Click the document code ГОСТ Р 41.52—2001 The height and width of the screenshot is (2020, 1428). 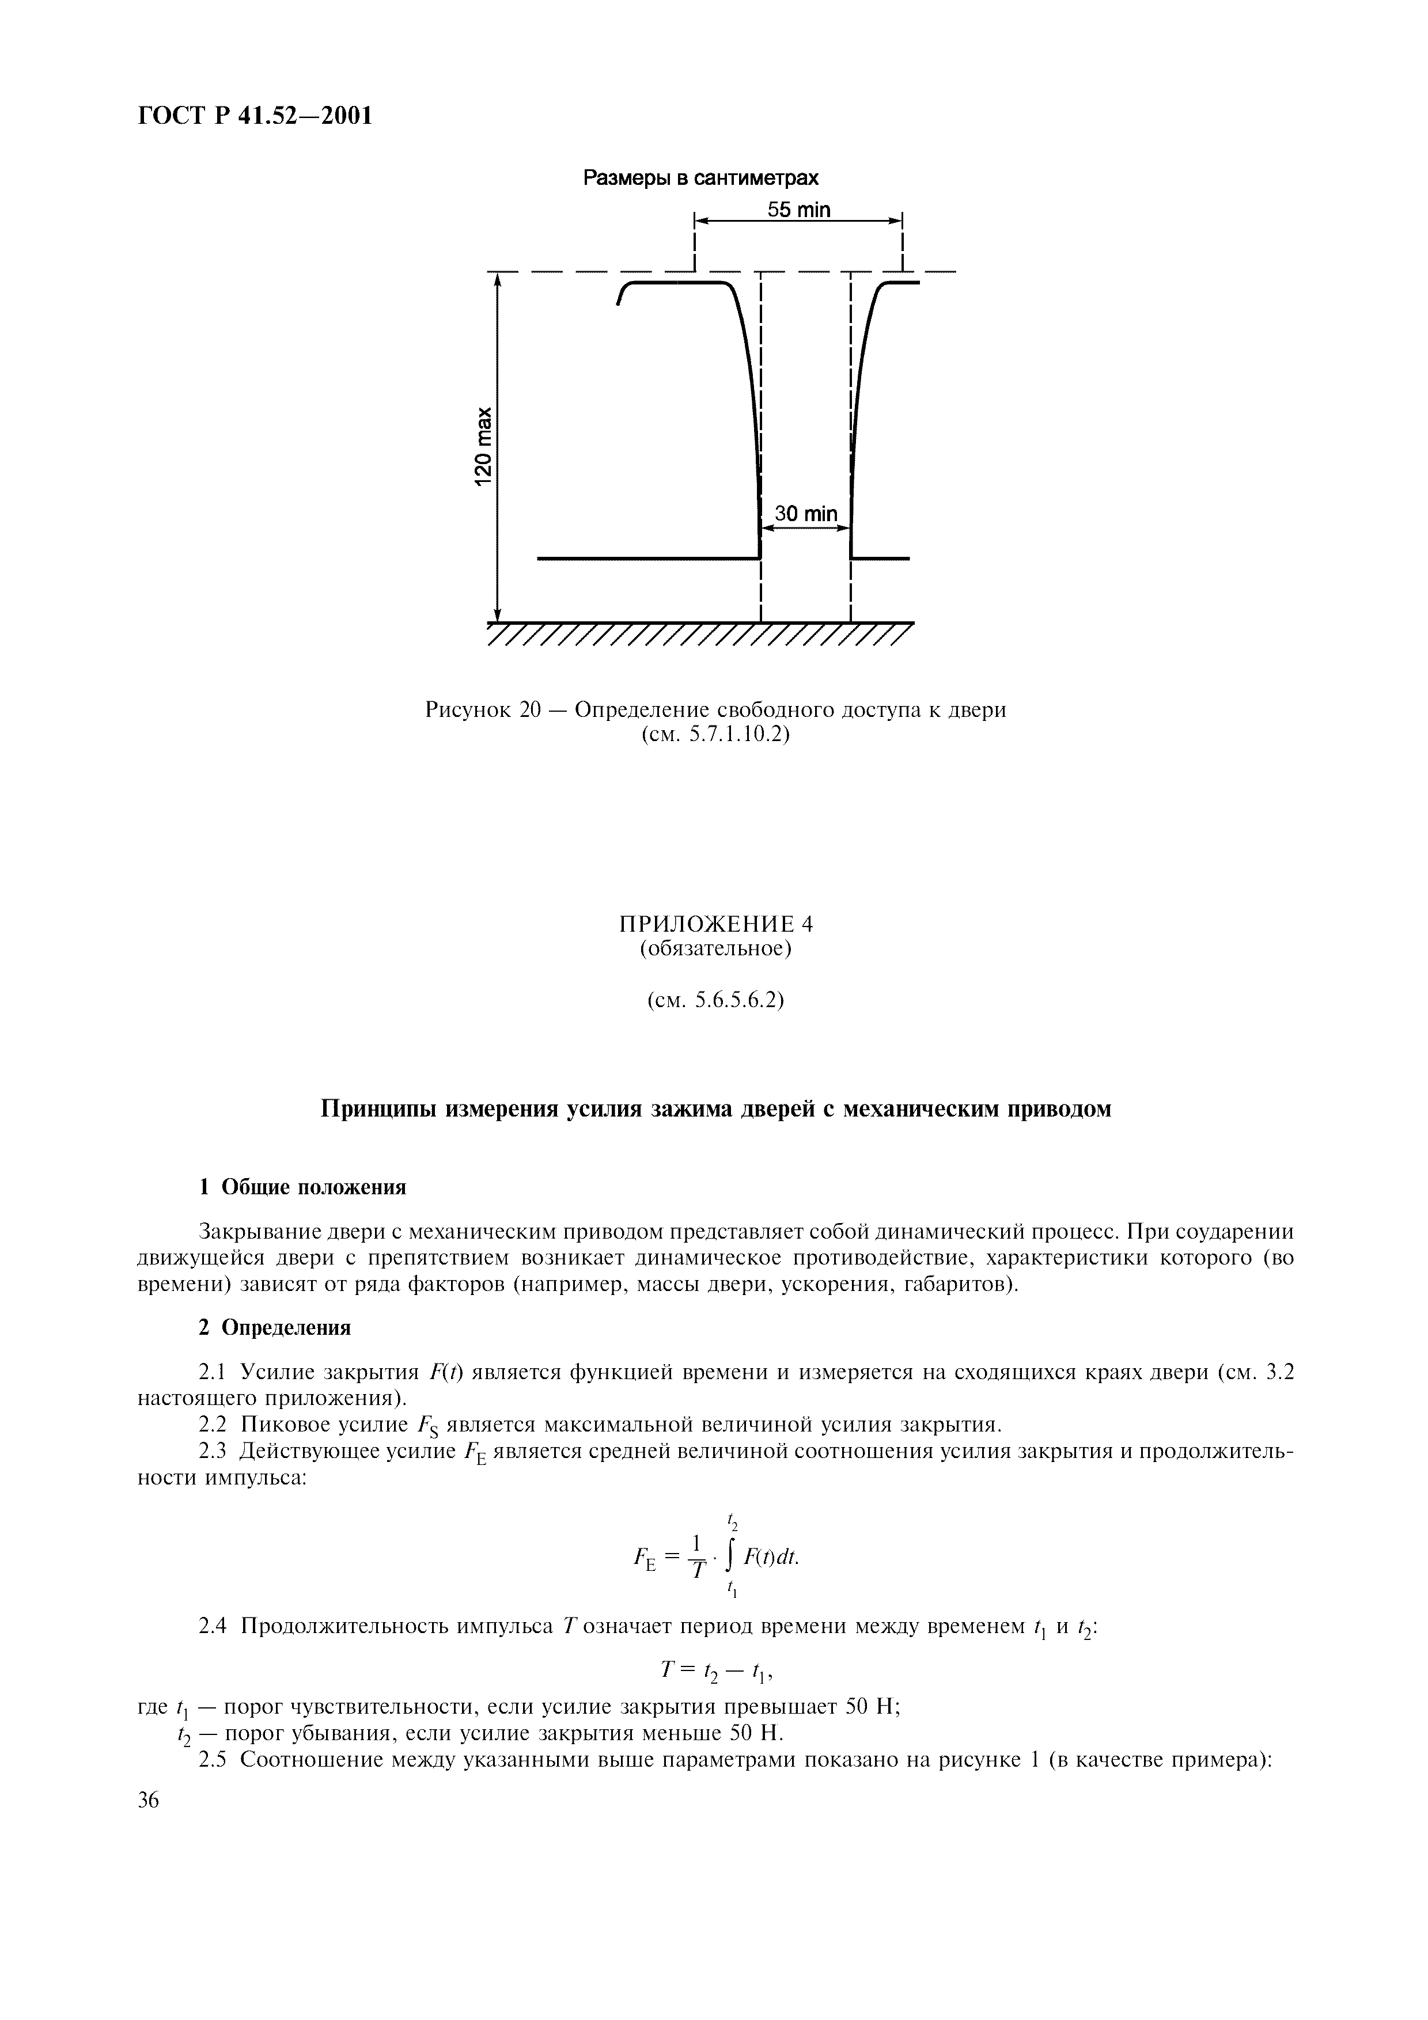click(x=255, y=115)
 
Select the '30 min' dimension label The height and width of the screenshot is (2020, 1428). click(x=805, y=514)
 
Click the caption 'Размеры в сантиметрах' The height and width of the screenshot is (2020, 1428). click(x=701, y=179)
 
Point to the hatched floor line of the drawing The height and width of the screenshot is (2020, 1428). click(x=699, y=633)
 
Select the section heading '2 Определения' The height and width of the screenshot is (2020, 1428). click(x=275, y=1328)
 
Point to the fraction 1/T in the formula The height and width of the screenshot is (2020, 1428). click(x=697, y=1557)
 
